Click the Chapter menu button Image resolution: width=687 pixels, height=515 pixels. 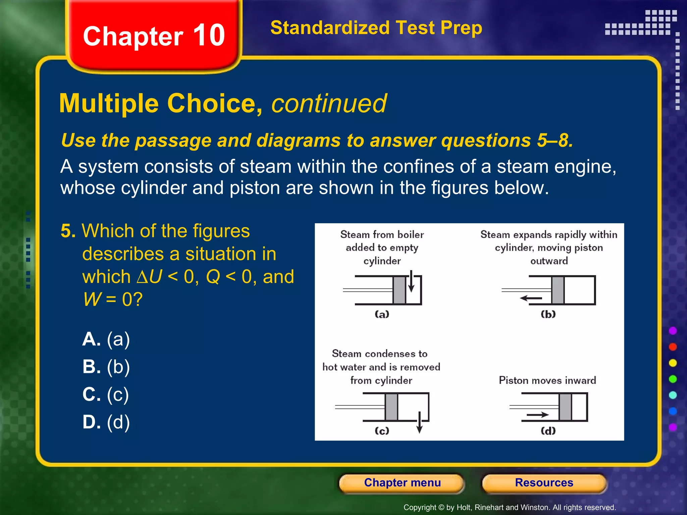[402, 483]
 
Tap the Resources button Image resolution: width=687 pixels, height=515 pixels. [544, 483]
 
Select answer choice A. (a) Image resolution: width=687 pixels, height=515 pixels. [106, 339]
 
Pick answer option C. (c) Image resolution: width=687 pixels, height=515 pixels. [106, 394]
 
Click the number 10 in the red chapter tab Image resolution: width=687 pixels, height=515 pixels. [209, 36]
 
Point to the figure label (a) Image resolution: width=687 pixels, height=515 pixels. [382, 314]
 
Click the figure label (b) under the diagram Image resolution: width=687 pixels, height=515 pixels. [548, 314]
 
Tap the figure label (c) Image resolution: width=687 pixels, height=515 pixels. [382, 431]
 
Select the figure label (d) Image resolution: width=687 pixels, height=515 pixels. [548, 431]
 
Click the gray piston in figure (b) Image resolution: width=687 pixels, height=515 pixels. [558, 290]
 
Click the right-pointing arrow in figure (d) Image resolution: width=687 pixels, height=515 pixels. [537, 415]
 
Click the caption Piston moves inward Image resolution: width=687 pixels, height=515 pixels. [547, 381]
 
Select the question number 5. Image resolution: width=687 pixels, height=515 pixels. [68, 231]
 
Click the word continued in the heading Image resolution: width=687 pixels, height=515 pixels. [329, 103]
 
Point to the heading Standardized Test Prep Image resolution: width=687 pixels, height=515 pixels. [376, 27]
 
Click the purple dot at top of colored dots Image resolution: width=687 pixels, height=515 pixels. [673, 331]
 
